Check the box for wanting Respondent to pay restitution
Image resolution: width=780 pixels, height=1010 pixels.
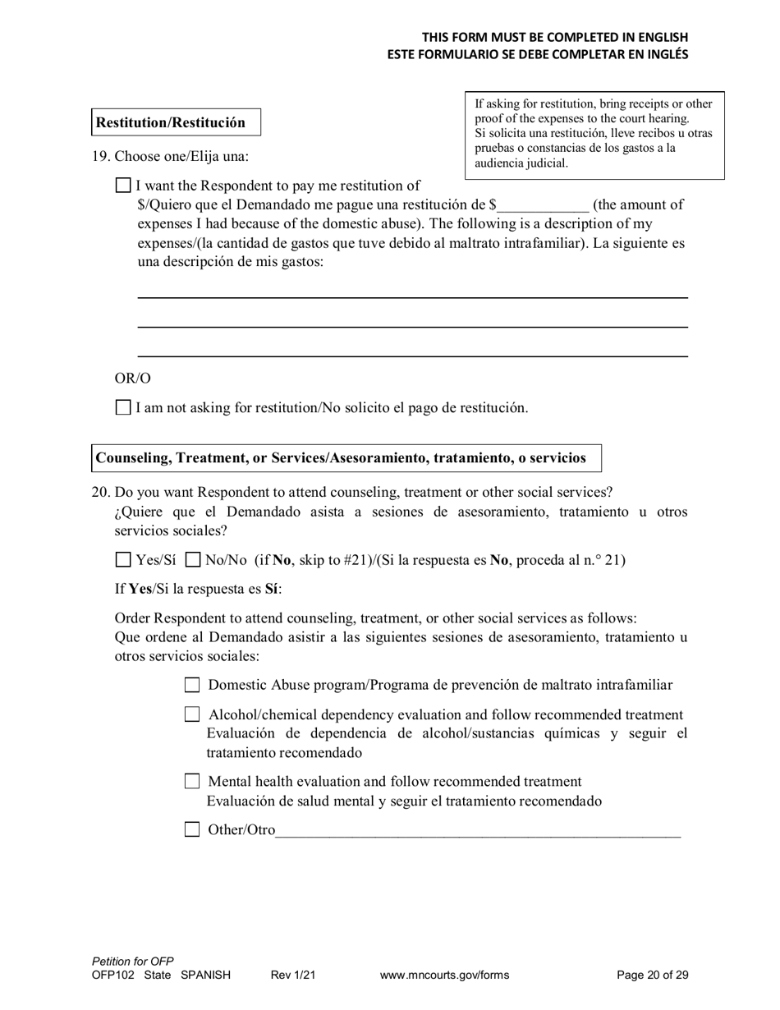(x=123, y=186)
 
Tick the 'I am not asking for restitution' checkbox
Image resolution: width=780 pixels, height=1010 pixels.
(x=123, y=407)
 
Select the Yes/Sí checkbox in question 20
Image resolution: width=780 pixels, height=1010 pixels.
(x=123, y=560)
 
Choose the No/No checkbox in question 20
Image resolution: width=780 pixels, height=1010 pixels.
(x=193, y=560)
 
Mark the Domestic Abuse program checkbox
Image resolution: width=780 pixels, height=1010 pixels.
(x=192, y=685)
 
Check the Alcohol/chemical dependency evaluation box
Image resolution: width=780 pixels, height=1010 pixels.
(x=192, y=714)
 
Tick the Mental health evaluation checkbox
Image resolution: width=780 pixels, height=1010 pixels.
(x=192, y=781)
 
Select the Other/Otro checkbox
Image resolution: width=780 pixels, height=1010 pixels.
(x=192, y=829)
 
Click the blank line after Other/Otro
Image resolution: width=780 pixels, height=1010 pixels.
(x=478, y=831)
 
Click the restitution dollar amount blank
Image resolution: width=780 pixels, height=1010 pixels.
(x=543, y=205)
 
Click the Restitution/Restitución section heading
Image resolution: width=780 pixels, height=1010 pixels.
(x=171, y=122)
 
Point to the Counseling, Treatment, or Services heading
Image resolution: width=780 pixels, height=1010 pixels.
(x=341, y=458)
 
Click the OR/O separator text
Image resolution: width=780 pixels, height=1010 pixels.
(x=132, y=379)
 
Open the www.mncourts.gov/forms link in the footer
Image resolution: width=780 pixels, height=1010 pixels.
(x=444, y=976)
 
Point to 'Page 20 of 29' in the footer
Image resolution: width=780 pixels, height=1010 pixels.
(x=652, y=976)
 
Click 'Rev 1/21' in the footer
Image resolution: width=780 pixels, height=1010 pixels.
(x=293, y=976)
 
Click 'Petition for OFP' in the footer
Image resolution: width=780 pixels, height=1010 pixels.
(x=133, y=961)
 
